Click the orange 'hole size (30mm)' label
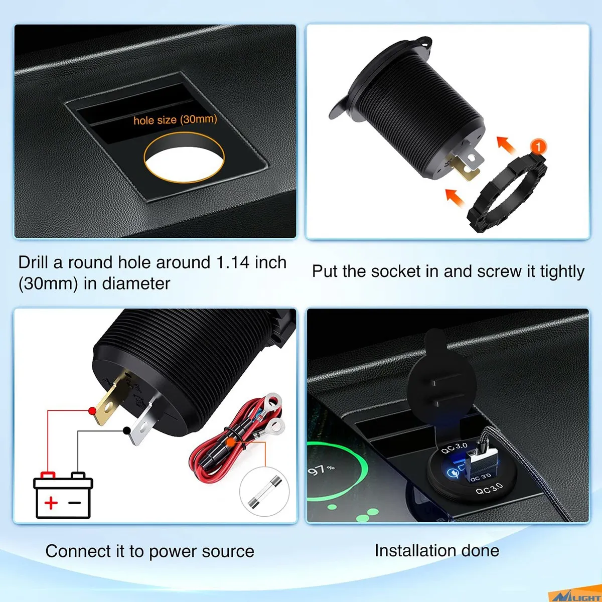pyautogui.click(x=175, y=119)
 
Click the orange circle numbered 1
pyautogui.click(x=538, y=146)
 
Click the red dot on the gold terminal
pyautogui.click(x=92, y=411)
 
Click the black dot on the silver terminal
pyautogui.click(x=127, y=430)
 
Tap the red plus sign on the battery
pyautogui.click(x=51, y=502)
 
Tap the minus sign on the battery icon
pyautogui.click(x=75, y=502)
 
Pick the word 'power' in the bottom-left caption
pyautogui.click(x=173, y=551)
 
